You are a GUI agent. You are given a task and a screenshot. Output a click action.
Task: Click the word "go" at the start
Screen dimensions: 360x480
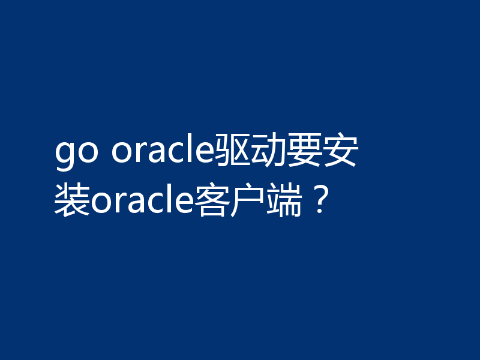76,155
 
